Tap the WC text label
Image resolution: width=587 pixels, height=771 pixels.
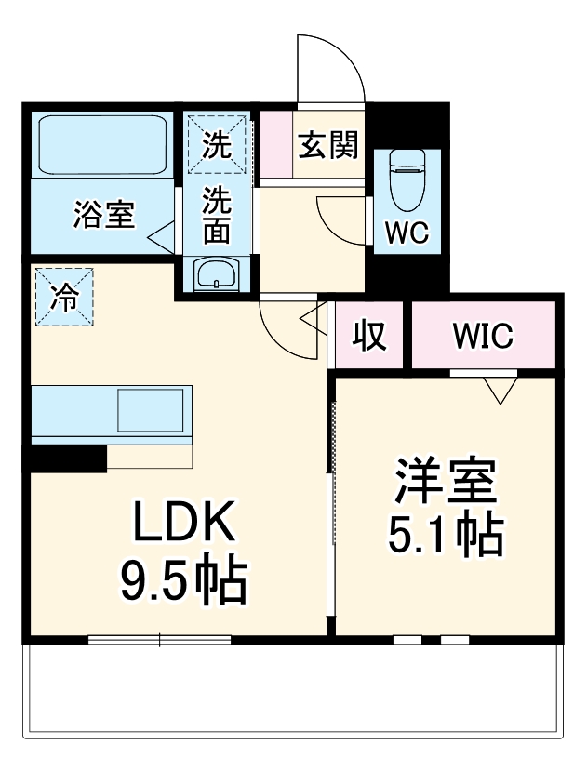407,234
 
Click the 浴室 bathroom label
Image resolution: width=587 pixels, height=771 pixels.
104,215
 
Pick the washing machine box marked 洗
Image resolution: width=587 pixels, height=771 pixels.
218,143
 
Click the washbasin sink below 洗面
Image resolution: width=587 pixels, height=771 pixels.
217,274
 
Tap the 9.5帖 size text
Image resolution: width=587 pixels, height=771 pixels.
183,581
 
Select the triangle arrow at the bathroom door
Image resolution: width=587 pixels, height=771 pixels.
162,233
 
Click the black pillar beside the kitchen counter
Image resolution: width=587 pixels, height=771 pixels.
67,458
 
